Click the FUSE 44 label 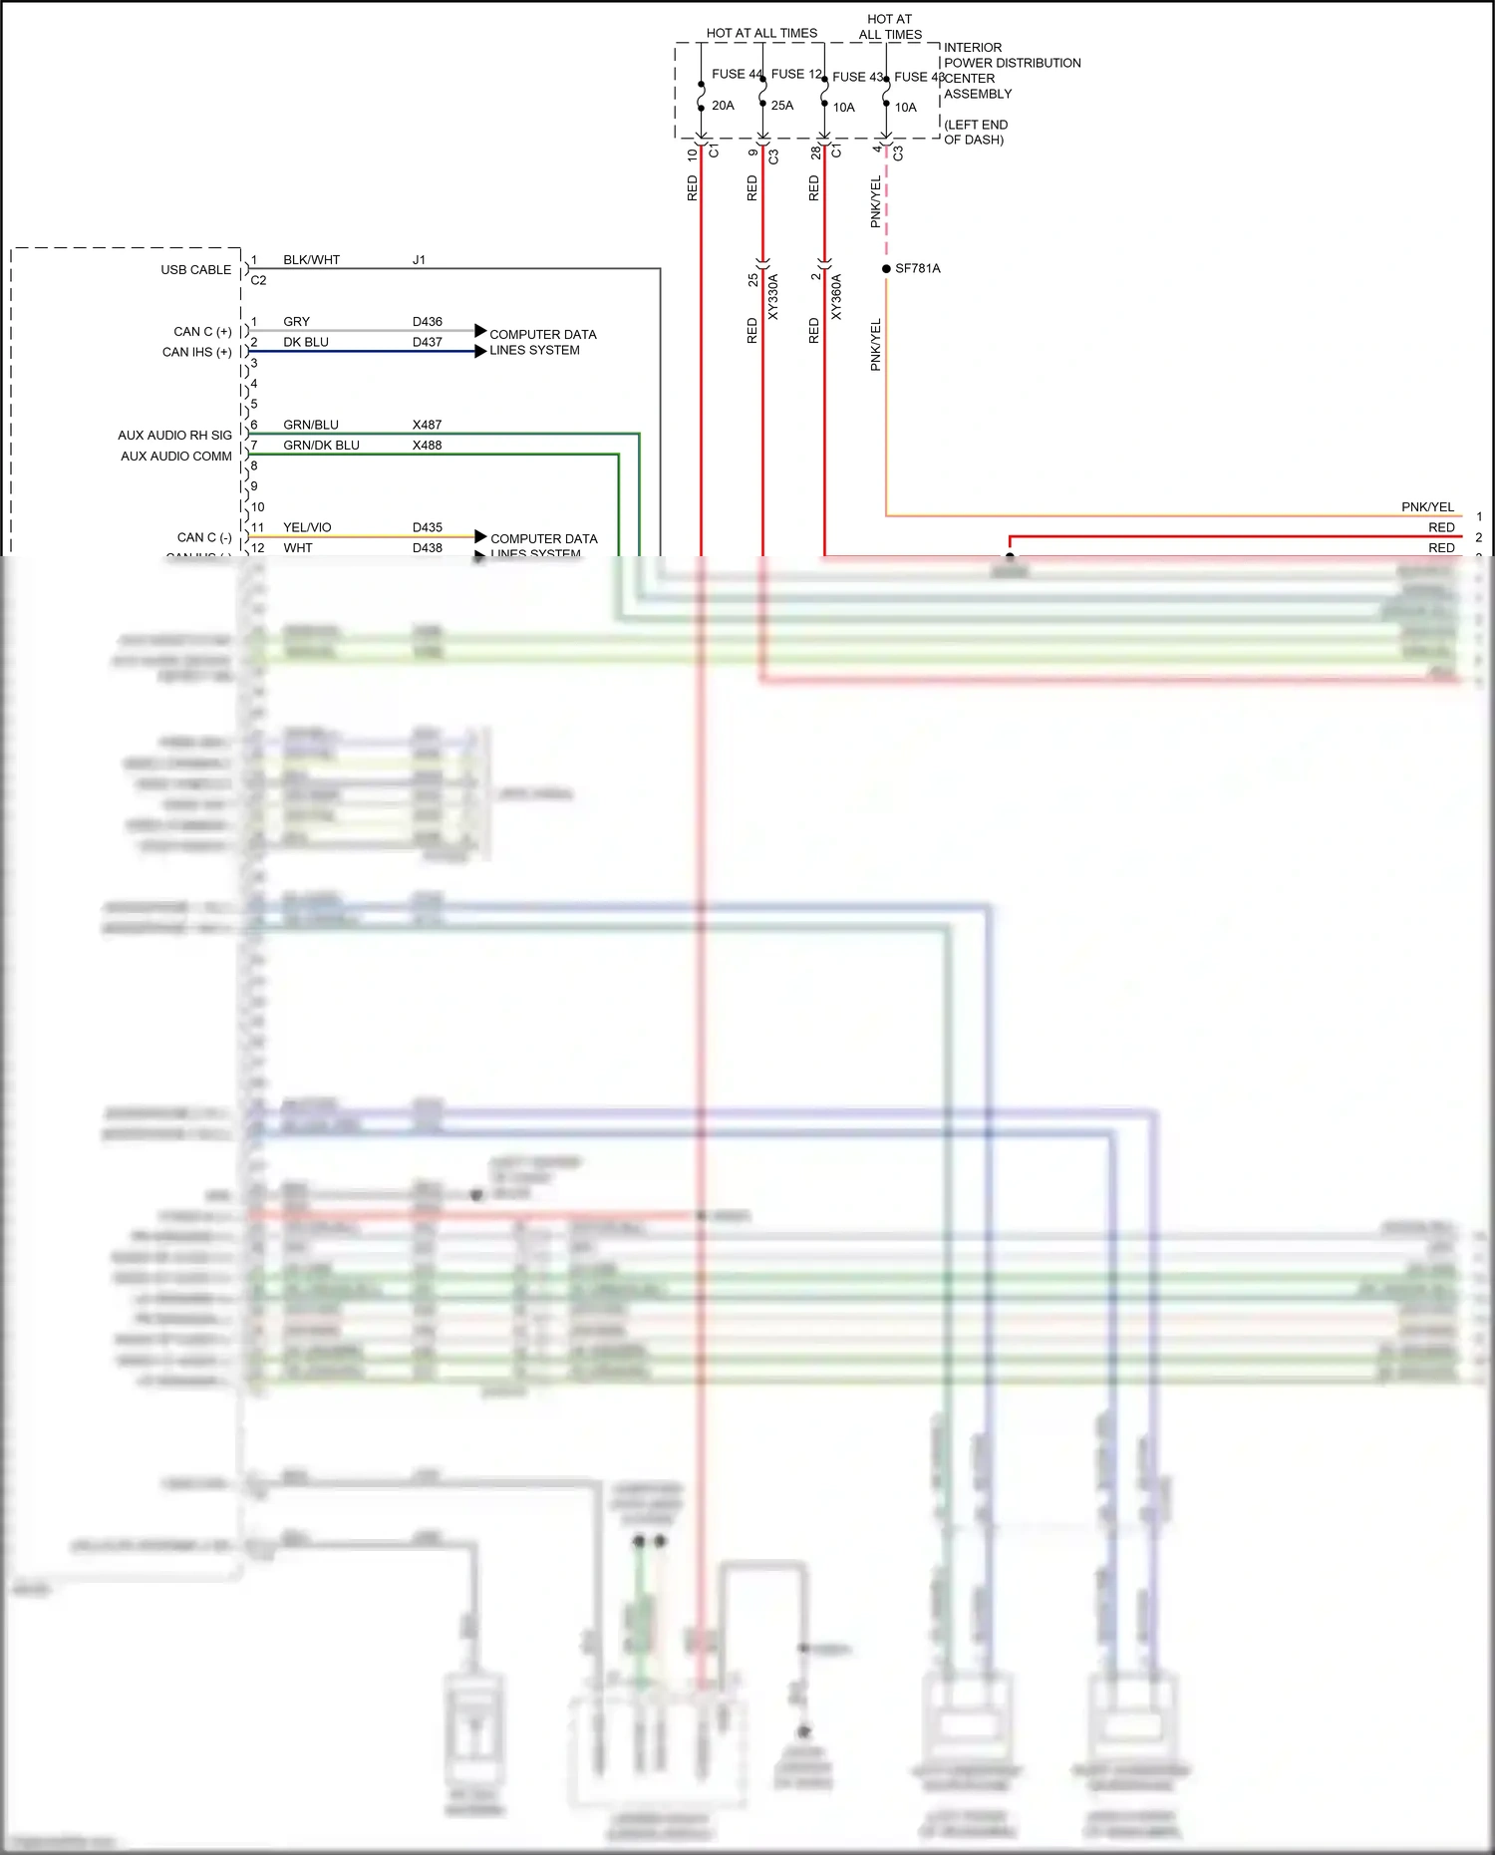pyautogui.click(x=736, y=74)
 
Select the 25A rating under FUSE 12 pyautogui.click(x=782, y=106)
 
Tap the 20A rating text pyautogui.click(x=723, y=106)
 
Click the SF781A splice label pyautogui.click(x=917, y=269)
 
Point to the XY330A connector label pyautogui.click(x=773, y=297)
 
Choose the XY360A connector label pyautogui.click(x=836, y=297)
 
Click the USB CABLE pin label pyautogui.click(x=195, y=270)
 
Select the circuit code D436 pyautogui.click(x=427, y=322)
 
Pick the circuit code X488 pyautogui.click(x=427, y=446)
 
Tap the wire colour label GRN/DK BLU pyautogui.click(x=321, y=446)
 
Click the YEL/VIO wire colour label pyautogui.click(x=307, y=528)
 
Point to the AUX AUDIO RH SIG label pyautogui.click(x=174, y=436)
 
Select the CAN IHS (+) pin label pyautogui.click(x=196, y=353)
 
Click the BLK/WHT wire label pyautogui.click(x=311, y=260)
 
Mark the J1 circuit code pyautogui.click(x=419, y=260)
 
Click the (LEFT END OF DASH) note pyautogui.click(x=976, y=133)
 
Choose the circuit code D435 pyautogui.click(x=427, y=528)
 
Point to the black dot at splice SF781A pyautogui.click(x=886, y=269)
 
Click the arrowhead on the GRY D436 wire pyautogui.click(x=480, y=330)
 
